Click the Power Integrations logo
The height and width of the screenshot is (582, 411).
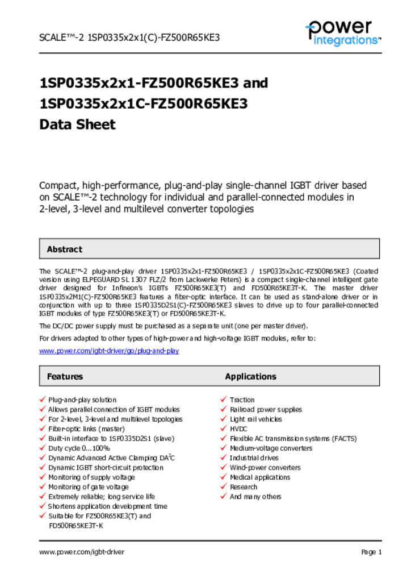(x=343, y=33)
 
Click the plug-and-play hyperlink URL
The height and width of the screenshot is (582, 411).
(x=109, y=351)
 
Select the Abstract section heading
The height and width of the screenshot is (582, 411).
(x=64, y=249)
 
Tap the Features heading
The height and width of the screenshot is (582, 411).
(x=65, y=376)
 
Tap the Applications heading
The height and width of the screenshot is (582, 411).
(x=250, y=376)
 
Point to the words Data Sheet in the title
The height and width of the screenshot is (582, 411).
(x=77, y=124)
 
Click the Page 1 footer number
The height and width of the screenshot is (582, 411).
(x=371, y=552)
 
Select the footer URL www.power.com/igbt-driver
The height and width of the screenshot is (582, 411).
(x=82, y=552)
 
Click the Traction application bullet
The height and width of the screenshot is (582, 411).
(x=242, y=400)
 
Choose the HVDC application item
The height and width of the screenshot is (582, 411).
(x=238, y=429)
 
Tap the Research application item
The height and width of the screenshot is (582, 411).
(x=244, y=487)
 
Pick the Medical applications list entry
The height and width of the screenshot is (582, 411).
(x=260, y=477)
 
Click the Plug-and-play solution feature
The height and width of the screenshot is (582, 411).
(x=82, y=400)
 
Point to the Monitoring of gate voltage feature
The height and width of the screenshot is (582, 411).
(x=89, y=487)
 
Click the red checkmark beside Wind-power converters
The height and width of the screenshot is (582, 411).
(x=224, y=467)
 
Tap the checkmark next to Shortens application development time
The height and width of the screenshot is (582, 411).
(x=42, y=506)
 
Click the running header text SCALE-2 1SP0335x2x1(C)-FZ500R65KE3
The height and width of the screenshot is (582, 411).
(x=129, y=38)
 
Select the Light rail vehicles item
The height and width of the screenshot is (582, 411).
(x=256, y=419)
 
